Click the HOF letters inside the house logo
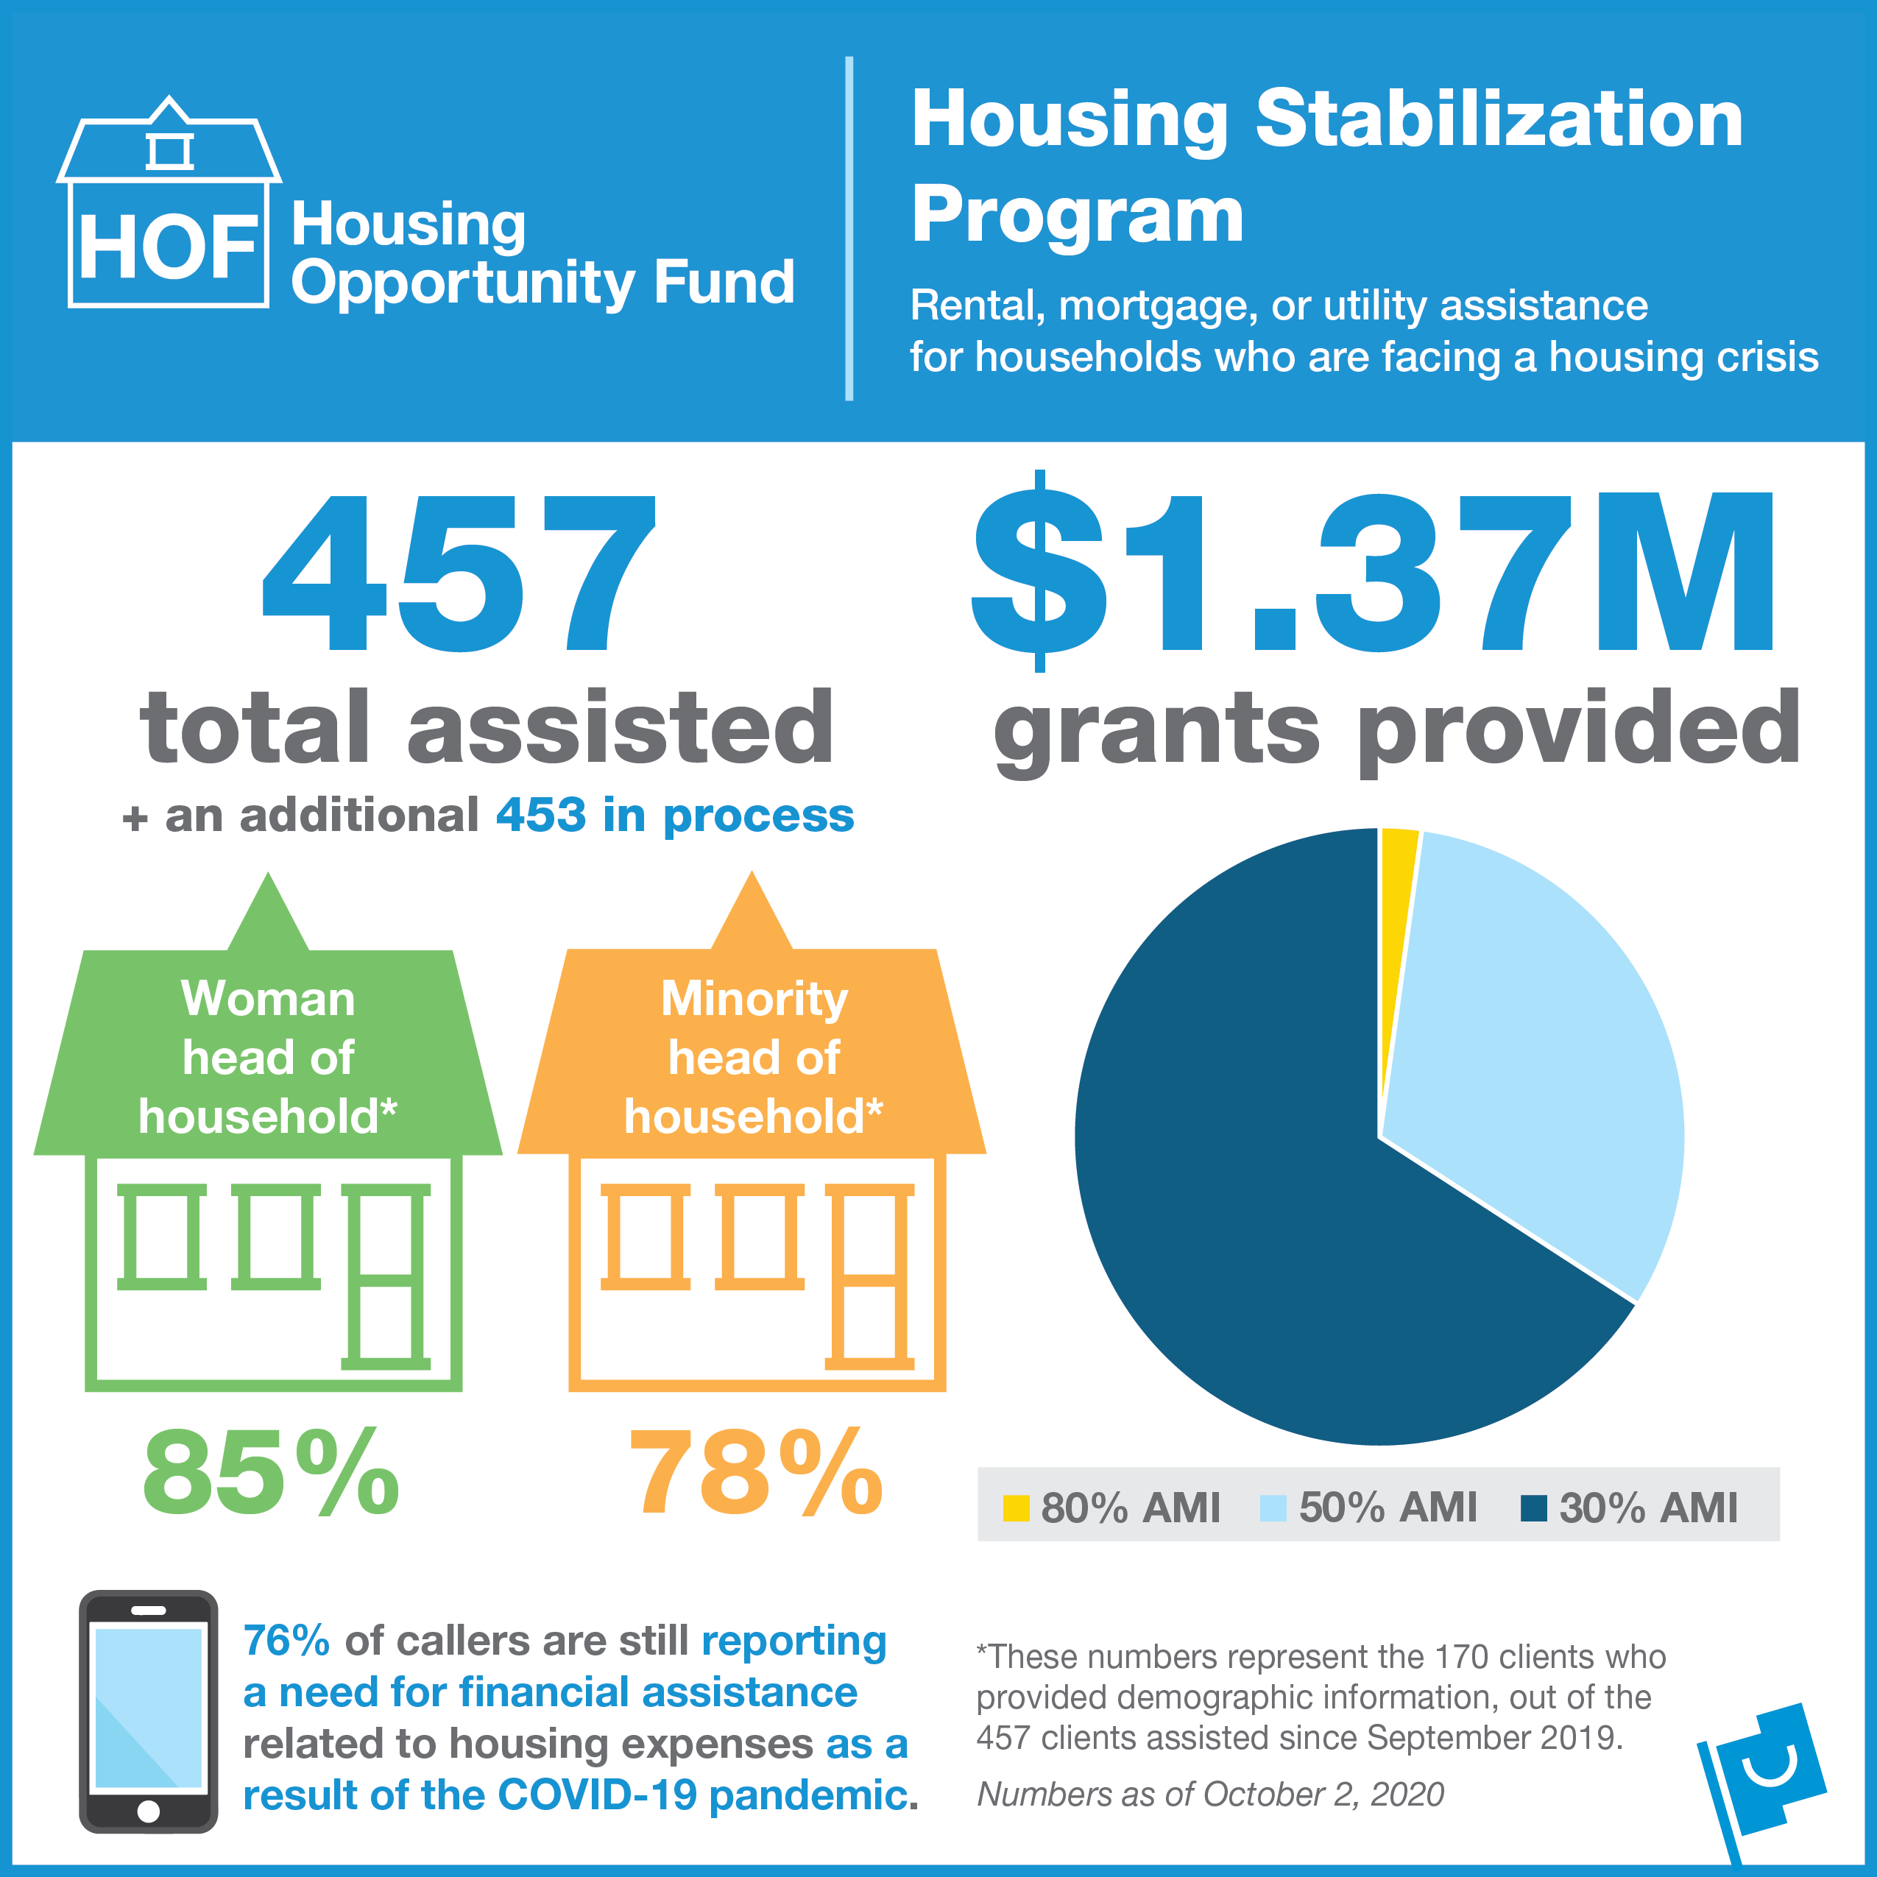[x=168, y=248]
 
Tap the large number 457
[x=459, y=573]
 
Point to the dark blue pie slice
[x=1263, y=1215]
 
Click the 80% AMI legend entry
[x=1112, y=1507]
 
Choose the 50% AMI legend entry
[x=1369, y=1507]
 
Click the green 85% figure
[x=270, y=1473]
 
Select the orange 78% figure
[x=756, y=1473]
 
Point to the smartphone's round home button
[x=149, y=1811]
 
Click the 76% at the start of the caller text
[x=286, y=1641]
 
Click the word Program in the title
[x=1076, y=215]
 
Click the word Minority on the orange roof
[x=754, y=999]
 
